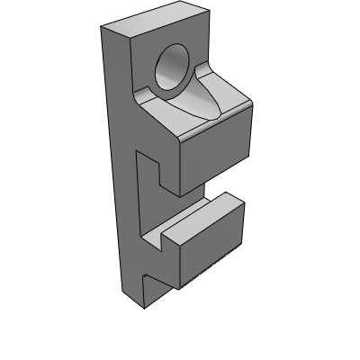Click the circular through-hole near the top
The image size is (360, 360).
point(173,69)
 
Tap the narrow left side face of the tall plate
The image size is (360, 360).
point(112,162)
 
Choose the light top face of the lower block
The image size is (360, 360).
point(202,220)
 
